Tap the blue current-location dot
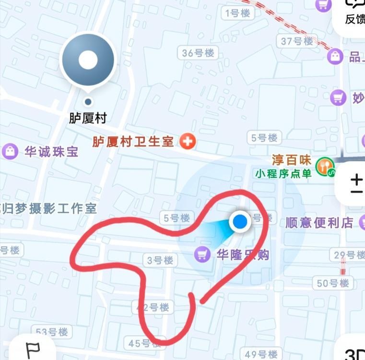pyautogui.click(x=240, y=222)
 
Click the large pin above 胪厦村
pyautogui.click(x=88, y=60)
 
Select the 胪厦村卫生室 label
pyautogui.click(x=133, y=142)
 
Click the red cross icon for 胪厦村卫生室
pyautogui.click(x=188, y=141)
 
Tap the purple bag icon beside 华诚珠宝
pyautogui.click(x=10, y=152)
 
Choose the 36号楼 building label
pyautogui.click(x=198, y=53)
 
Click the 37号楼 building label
pyautogui.click(x=297, y=41)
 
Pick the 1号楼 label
pyautogui.click(x=238, y=13)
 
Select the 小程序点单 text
pyautogui.click(x=283, y=173)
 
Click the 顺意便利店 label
pyautogui.click(x=319, y=223)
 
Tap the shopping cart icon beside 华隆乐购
pyautogui.click(x=202, y=254)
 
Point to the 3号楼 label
pyautogui.click(x=160, y=260)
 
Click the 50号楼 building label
pyautogui.click(x=333, y=283)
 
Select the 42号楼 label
pyautogui.click(x=153, y=307)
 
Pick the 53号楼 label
pyautogui.click(x=52, y=332)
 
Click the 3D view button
pyautogui.click(x=354, y=353)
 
